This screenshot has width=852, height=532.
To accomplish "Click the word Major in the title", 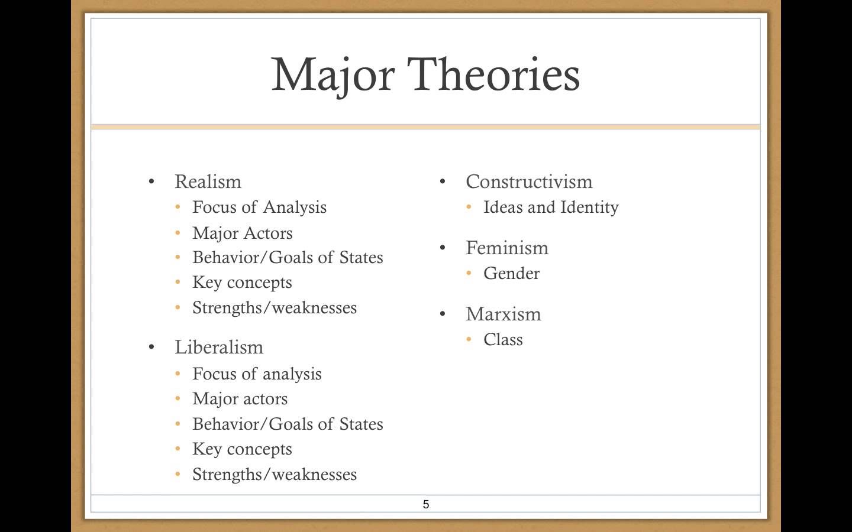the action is [x=333, y=76].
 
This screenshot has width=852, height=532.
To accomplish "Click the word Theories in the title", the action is [x=493, y=74].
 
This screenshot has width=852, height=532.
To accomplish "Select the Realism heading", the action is [x=208, y=181].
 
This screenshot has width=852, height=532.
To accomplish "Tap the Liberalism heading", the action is [x=219, y=347].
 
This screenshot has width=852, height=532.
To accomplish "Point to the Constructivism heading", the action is [x=529, y=181].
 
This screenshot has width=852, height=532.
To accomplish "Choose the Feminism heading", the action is [x=507, y=248].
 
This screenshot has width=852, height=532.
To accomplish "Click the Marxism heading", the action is [x=503, y=314].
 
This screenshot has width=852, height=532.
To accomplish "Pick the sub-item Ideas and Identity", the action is [x=551, y=207].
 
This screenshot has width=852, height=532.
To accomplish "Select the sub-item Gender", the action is [x=511, y=273].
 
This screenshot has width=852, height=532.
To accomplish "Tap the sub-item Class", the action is [x=503, y=339].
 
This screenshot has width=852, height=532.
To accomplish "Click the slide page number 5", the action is [x=426, y=504].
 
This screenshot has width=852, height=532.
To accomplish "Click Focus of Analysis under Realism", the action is [x=259, y=207].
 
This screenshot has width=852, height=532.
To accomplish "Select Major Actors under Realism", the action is [x=243, y=233].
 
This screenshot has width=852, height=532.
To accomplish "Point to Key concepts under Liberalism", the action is [x=242, y=449].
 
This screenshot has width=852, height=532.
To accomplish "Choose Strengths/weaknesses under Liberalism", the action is [x=275, y=475].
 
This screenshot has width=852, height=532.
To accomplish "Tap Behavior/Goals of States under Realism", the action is [x=288, y=257].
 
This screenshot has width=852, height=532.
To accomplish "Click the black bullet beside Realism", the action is [x=151, y=181].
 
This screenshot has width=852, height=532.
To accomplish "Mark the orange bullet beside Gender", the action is [x=469, y=273].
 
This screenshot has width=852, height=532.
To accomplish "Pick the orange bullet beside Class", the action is [x=469, y=339].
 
